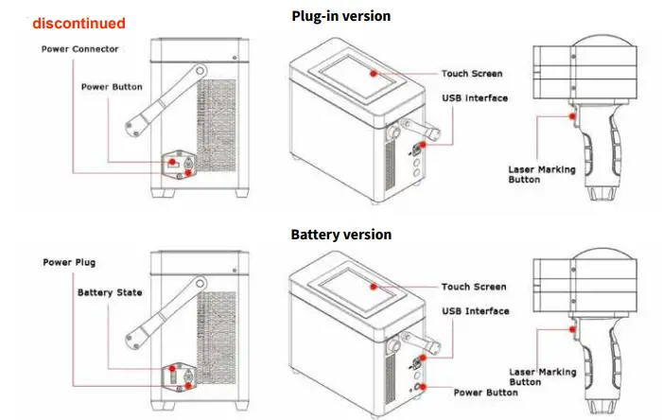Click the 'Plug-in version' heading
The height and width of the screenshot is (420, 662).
(340, 16)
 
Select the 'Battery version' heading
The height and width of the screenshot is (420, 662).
(340, 234)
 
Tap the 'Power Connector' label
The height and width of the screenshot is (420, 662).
(80, 49)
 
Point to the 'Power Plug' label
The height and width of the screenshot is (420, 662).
(69, 262)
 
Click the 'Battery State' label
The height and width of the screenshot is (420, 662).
(110, 292)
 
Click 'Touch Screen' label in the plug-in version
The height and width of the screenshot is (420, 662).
(473, 73)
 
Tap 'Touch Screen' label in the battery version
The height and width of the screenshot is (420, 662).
(473, 287)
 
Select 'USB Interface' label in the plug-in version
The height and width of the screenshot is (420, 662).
(475, 97)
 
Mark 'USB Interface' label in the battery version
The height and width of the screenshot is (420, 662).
(475, 311)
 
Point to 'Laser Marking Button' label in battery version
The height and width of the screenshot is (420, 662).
(542, 379)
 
